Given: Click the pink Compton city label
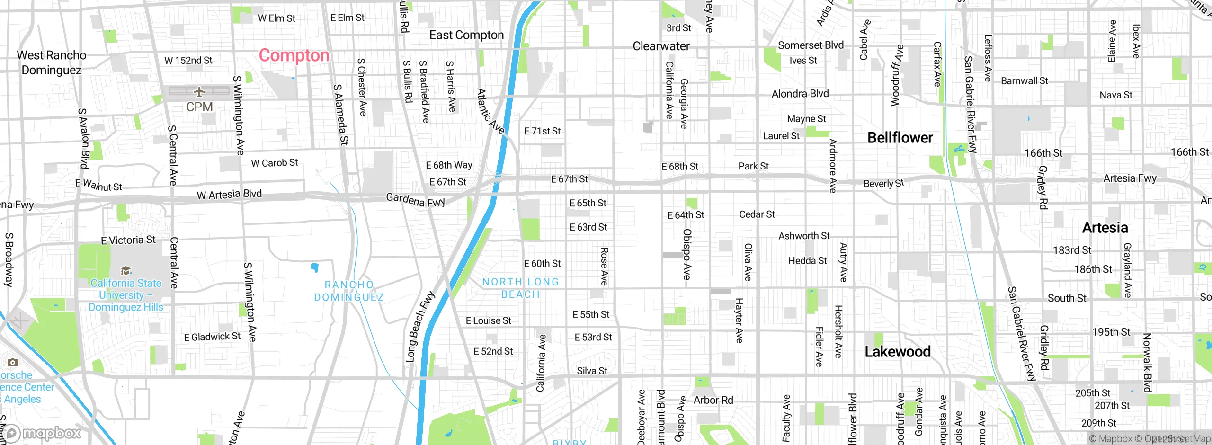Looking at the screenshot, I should (x=294, y=56).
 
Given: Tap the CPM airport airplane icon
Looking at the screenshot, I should (x=199, y=91).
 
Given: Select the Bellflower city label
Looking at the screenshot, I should (x=900, y=138).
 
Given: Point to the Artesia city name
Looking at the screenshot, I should (x=1105, y=228).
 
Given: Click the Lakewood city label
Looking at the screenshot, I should (x=898, y=352).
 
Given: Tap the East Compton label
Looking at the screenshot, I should (x=466, y=36).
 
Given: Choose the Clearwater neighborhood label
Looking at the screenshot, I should (x=661, y=46).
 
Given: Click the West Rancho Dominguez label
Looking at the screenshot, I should (x=52, y=62).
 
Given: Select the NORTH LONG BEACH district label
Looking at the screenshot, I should (x=520, y=288).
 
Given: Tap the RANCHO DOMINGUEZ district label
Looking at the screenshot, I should (x=349, y=291).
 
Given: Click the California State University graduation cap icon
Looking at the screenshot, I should (x=125, y=271).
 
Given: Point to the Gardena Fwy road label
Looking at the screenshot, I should (x=416, y=200).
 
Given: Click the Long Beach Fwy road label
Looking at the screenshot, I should (x=420, y=327).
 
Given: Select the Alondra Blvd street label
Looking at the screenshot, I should (x=800, y=94).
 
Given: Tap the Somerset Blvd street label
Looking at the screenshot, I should (x=811, y=45).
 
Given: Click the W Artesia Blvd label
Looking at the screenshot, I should (x=229, y=195).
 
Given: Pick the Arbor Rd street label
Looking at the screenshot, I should (x=713, y=400).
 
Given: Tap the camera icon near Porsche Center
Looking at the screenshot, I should (x=13, y=363).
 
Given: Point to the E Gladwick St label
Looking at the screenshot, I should (x=212, y=337).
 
